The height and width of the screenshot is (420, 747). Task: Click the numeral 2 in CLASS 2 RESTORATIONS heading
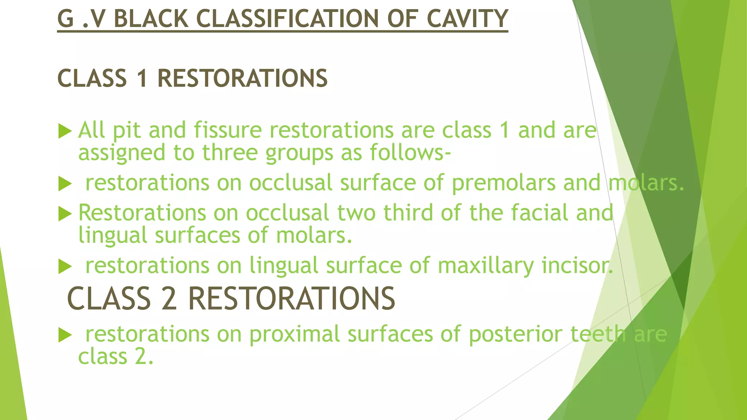pyautogui.click(x=169, y=299)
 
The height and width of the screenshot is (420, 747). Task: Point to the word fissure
pyautogui.click(x=228, y=130)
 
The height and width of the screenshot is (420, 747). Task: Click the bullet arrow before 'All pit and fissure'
pyautogui.click(x=65, y=131)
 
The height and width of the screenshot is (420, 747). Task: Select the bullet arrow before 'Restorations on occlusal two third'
pyautogui.click(x=65, y=214)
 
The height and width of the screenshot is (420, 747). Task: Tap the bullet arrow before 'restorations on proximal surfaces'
pyautogui.click(x=65, y=335)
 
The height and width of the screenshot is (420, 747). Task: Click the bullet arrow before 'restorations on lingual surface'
pyautogui.click(x=65, y=266)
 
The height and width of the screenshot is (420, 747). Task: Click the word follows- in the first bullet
pyautogui.click(x=410, y=152)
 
